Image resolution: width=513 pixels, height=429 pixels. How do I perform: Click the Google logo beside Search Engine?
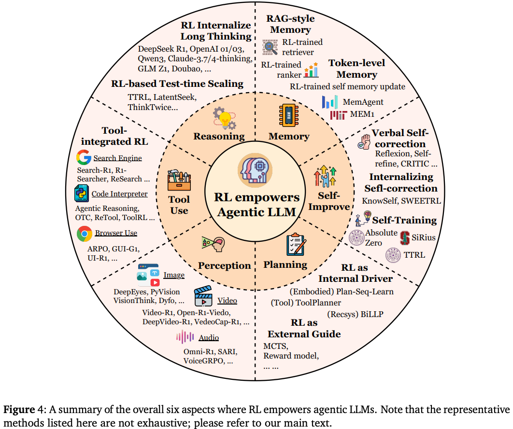pos(84,158)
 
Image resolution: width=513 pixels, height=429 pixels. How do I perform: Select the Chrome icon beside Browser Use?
pos(85,234)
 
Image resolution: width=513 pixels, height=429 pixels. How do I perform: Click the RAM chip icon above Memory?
pos(288,116)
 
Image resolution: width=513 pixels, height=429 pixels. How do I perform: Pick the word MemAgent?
pos(363,102)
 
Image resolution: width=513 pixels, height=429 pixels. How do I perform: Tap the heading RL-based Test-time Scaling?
pos(177,83)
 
